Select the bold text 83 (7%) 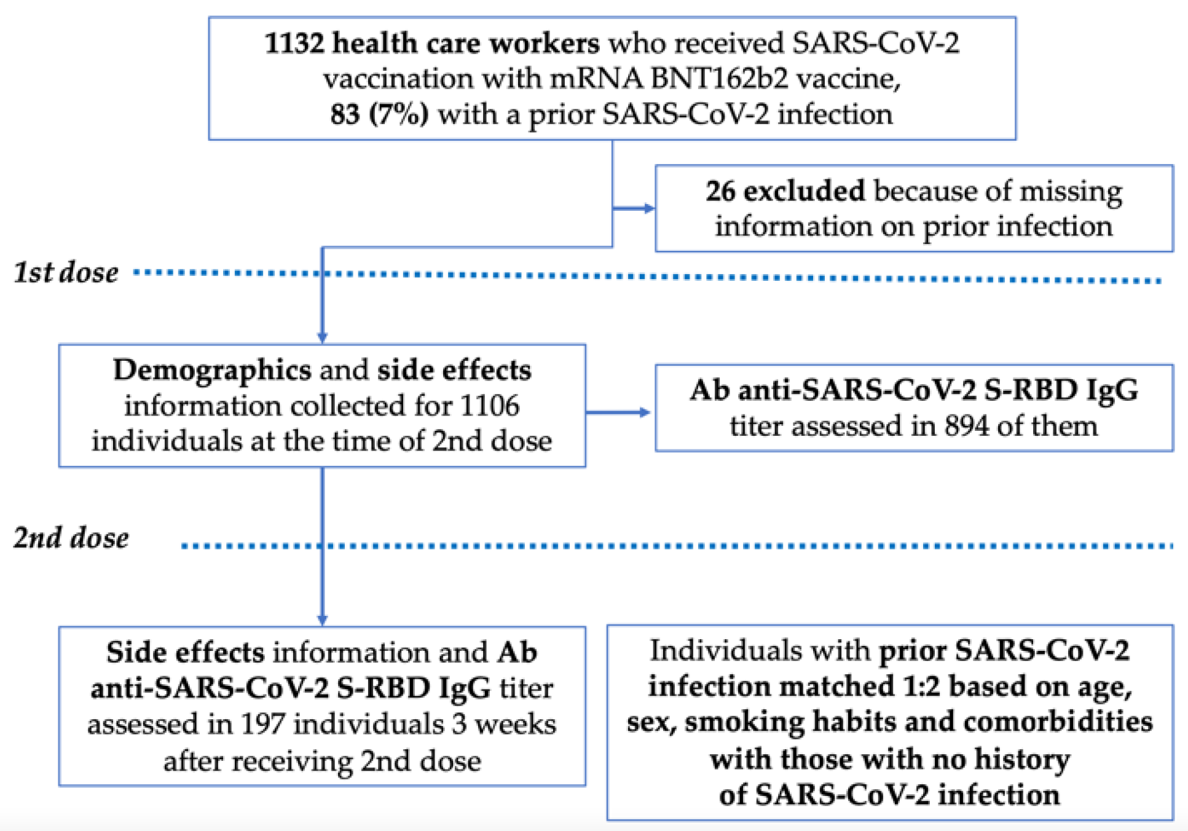tap(379, 115)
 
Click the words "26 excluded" tap(785, 191)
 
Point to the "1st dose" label tap(66, 273)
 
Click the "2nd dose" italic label tap(71, 538)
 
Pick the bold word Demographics tap(212, 370)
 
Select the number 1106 tap(490, 406)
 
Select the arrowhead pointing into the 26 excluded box tap(649, 208)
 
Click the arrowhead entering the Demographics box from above tap(322, 337)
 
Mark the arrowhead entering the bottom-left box tap(322, 620)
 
